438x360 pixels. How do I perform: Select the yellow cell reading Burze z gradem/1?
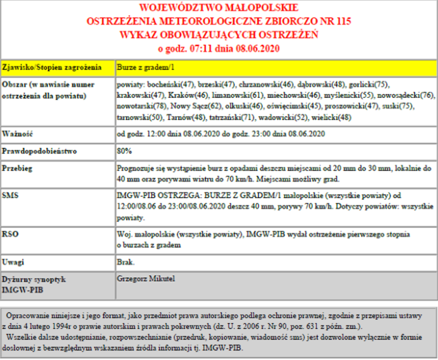tap(144, 68)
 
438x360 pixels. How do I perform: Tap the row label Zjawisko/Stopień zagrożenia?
tap(52, 68)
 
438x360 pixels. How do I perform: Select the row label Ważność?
tap(16, 135)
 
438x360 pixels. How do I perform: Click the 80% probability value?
tap(124, 152)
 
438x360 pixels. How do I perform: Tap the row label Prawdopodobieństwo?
tap(39, 152)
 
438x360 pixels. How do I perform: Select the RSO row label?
tap(11, 233)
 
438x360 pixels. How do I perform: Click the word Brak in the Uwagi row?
tap(126, 263)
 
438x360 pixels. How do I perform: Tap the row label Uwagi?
tap(13, 263)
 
